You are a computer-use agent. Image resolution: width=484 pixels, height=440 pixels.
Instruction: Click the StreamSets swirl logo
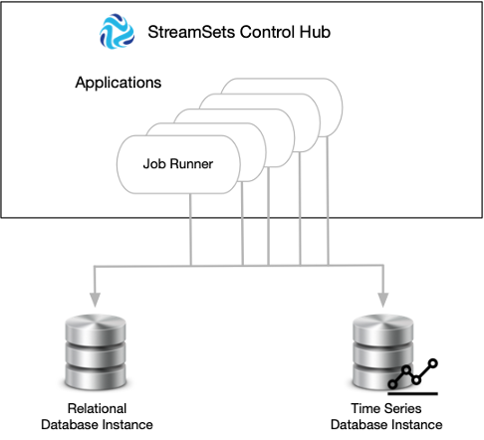[x=117, y=31]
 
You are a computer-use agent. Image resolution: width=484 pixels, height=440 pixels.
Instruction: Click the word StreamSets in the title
[x=191, y=32]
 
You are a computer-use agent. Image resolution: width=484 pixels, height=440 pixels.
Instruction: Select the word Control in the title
[x=267, y=32]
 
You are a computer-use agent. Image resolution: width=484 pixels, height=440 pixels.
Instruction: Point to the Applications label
[x=119, y=83]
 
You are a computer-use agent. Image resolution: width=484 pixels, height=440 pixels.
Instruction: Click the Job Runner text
[x=178, y=164]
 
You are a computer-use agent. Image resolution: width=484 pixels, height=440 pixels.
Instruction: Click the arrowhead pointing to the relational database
[x=95, y=300]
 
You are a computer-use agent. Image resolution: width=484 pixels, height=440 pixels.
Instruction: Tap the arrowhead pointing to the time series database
[x=383, y=300]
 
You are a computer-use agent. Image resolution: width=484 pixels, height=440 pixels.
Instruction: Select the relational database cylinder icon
[x=96, y=352]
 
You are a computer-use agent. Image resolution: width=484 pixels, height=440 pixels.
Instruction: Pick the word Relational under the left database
[x=97, y=408]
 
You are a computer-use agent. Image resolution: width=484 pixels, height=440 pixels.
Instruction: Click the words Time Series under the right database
[x=386, y=408]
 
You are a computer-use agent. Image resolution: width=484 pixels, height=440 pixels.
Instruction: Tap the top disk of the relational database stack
[x=96, y=329]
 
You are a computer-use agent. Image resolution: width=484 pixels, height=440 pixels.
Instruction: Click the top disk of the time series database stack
[x=382, y=329]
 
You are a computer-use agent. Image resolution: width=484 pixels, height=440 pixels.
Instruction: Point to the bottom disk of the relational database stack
[x=96, y=376]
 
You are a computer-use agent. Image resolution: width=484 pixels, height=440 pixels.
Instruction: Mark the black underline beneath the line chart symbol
[x=412, y=394]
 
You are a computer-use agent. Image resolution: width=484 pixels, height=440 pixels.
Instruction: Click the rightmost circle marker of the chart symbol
[x=433, y=363]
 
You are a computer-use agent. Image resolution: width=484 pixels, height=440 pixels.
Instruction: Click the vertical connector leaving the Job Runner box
[x=190, y=230]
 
